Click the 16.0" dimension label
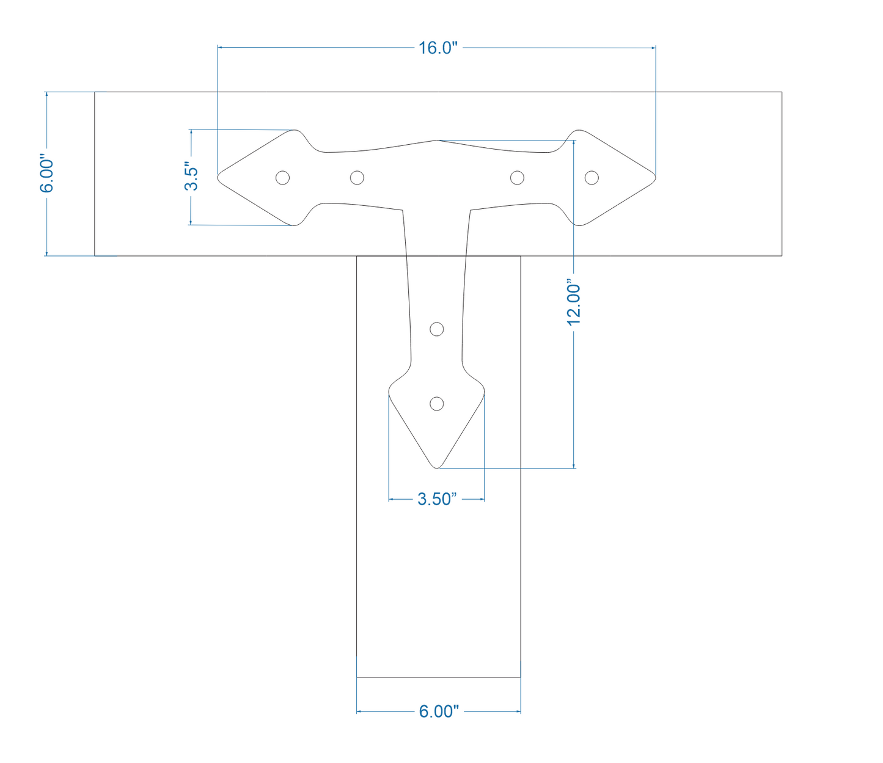coord(438,48)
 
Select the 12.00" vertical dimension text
coord(574,303)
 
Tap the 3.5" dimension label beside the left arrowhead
coord(191,176)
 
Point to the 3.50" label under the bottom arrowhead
coord(436,498)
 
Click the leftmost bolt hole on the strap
coord(282,178)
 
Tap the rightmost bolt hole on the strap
coord(592,178)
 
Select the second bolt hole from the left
coord(357,178)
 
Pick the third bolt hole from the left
coord(517,178)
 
